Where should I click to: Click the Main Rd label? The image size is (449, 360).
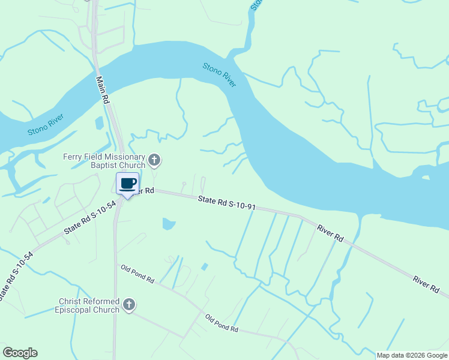point(102,90)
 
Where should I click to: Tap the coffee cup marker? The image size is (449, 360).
point(128,184)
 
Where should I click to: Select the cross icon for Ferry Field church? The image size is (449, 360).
point(154,160)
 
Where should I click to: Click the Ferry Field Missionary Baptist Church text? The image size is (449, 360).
point(104,161)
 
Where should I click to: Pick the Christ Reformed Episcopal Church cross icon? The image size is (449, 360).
point(128,305)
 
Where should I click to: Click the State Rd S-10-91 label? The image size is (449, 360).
point(228,203)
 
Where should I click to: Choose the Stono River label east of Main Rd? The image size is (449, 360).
point(219,75)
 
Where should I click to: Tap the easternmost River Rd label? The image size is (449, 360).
point(426,284)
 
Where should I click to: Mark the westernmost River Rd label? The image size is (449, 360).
point(330,233)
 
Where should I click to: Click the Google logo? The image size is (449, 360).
point(20,353)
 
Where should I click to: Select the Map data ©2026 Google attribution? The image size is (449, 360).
point(412,355)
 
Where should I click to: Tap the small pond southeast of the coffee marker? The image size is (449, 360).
point(169,224)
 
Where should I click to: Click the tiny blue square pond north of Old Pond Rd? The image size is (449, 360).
point(205,266)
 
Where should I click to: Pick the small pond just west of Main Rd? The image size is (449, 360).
point(99,123)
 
